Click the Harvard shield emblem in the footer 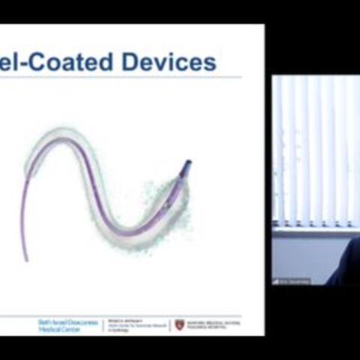pyautogui.click(x=179, y=324)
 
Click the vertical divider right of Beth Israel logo pyautogui.click(x=103, y=324)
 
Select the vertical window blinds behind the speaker pyautogui.click(x=315, y=150)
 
